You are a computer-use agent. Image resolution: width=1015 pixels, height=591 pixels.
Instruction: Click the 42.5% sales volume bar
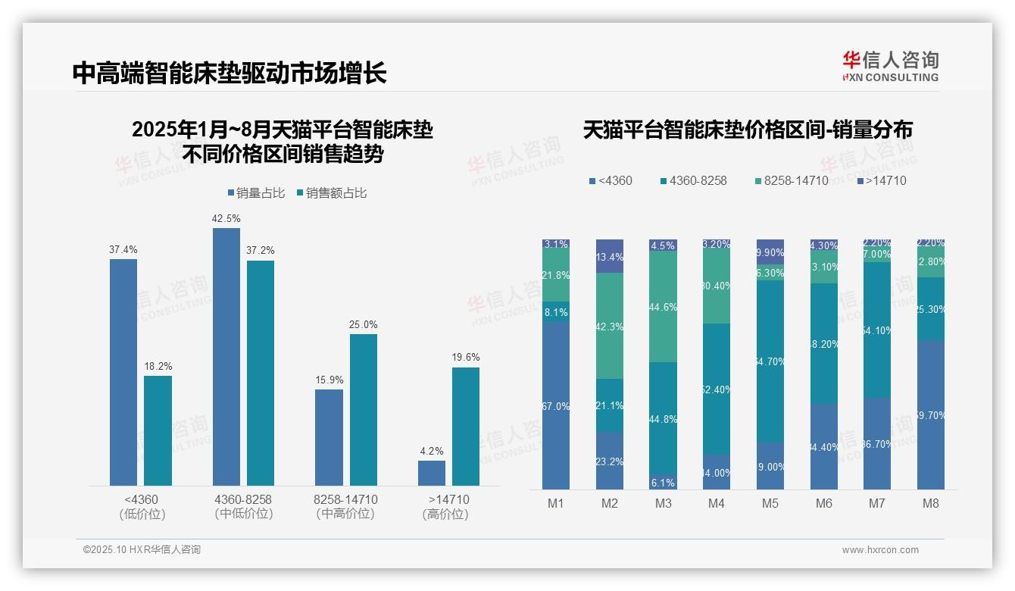(226, 356)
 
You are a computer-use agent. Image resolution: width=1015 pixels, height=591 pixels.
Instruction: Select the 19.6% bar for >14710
(466, 426)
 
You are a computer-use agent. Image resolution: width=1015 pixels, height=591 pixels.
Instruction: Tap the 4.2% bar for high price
(432, 473)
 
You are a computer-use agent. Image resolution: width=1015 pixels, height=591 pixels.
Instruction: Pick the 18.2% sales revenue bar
(158, 430)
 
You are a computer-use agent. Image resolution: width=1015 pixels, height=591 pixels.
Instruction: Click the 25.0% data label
(364, 324)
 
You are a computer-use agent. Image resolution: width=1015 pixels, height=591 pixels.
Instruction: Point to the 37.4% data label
(123, 249)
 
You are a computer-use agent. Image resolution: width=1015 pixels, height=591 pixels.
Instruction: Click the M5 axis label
(770, 504)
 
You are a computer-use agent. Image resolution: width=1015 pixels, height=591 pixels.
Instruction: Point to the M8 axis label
(931, 504)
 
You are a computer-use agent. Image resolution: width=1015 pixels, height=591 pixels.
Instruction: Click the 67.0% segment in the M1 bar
(556, 405)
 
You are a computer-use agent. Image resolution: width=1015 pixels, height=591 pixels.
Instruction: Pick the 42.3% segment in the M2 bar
(610, 326)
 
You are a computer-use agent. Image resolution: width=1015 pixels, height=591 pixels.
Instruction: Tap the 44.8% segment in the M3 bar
(663, 418)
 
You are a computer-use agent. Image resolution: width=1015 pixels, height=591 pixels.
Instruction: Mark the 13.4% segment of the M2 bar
(610, 256)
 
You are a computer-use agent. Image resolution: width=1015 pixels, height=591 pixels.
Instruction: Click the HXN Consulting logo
(890, 66)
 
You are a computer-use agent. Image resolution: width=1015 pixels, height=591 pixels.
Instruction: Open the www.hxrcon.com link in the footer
(879, 550)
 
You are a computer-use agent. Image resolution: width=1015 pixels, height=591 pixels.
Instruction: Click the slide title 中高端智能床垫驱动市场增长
(230, 73)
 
